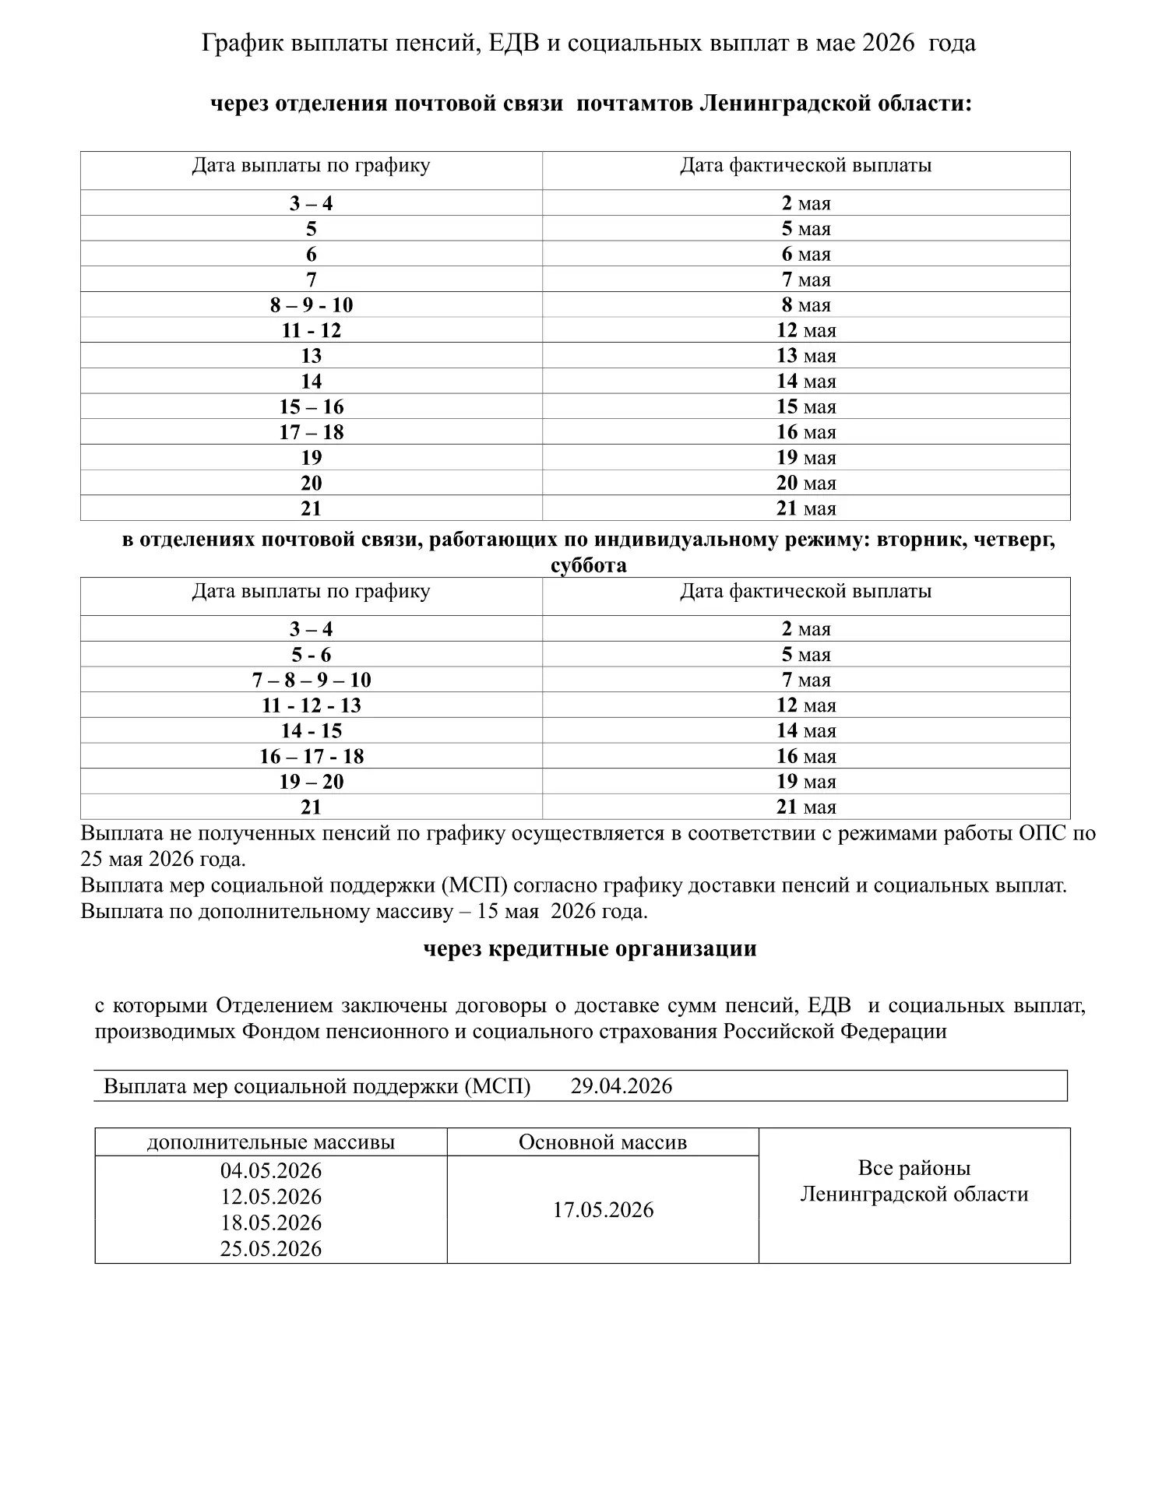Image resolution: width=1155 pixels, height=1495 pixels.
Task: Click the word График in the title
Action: [x=241, y=44]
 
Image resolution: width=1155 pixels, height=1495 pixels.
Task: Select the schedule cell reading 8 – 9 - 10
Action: [x=312, y=305]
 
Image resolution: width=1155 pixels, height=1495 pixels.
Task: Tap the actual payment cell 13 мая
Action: [x=806, y=356]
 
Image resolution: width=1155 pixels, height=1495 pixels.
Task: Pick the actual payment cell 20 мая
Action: [x=806, y=483]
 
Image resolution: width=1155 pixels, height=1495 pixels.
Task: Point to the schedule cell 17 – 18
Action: [x=312, y=432]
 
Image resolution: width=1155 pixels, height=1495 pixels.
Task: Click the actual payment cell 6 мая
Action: [x=806, y=255]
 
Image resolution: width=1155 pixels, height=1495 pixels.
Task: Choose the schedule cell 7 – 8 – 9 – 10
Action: [x=312, y=680]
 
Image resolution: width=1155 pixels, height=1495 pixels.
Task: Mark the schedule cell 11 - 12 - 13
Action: [x=312, y=705]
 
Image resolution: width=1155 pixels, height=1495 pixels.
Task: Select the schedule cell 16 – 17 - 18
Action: [x=312, y=756]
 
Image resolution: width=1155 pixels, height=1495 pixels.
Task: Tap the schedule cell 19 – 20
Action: [x=312, y=782]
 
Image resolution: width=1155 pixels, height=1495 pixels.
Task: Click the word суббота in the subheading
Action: [x=588, y=565]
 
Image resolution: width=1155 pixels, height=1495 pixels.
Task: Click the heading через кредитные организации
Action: [x=590, y=949]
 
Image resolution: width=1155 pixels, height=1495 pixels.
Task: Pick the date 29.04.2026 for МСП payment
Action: [x=621, y=1086]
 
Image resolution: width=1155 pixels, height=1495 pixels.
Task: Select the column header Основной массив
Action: [x=603, y=1142]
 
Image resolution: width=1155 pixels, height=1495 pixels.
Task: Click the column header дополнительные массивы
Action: [x=271, y=1142]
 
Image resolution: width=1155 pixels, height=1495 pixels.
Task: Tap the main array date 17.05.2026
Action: [x=603, y=1210]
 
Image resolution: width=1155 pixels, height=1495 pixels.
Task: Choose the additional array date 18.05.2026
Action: [x=271, y=1222]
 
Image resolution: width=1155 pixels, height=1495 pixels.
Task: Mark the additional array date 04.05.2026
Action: [x=271, y=1171]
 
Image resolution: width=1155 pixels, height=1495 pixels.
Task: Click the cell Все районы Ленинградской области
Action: [x=914, y=1182]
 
